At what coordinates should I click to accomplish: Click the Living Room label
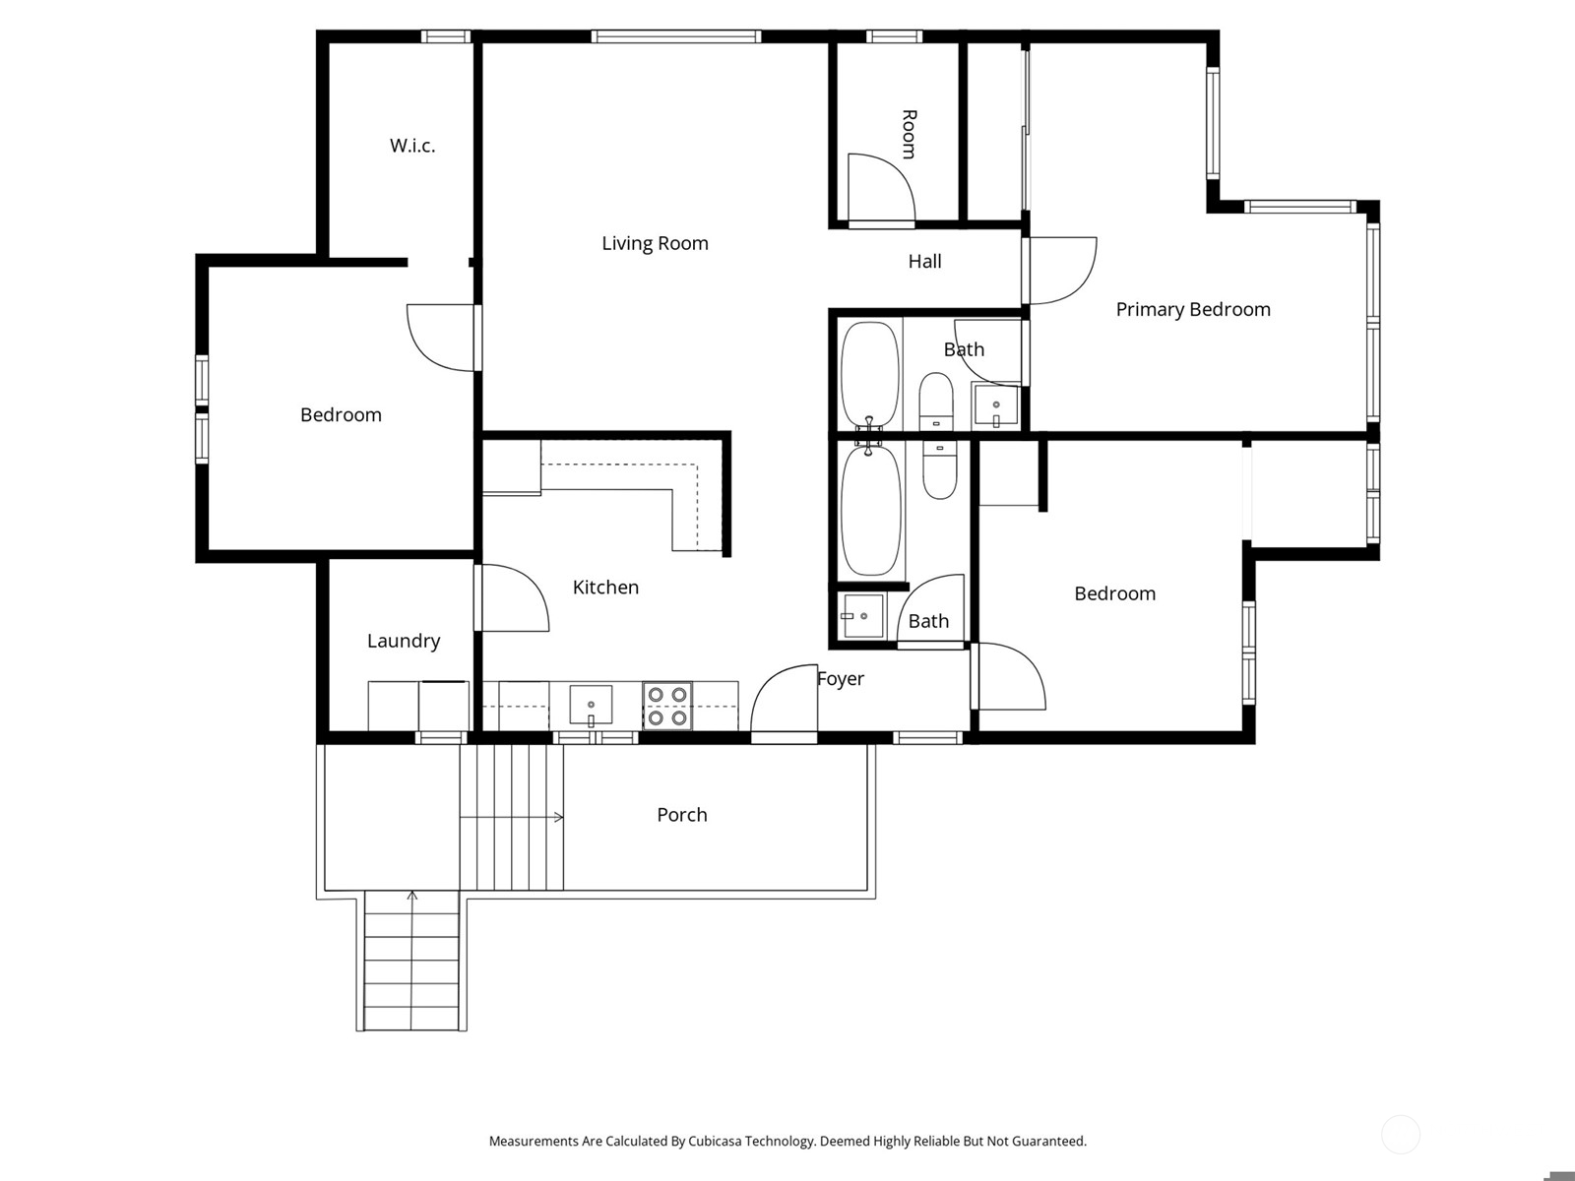[x=655, y=244]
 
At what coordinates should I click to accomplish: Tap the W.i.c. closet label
[x=411, y=146]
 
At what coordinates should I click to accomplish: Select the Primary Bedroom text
[x=1192, y=310]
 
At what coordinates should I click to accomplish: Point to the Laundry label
[x=404, y=641]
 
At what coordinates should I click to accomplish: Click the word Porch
[x=681, y=815]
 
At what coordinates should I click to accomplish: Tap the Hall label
[x=924, y=261]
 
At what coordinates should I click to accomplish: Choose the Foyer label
[x=841, y=678]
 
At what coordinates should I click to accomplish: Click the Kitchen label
[x=604, y=588]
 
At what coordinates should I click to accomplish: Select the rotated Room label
[x=909, y=134]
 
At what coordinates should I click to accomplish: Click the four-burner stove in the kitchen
[x=667, y=707]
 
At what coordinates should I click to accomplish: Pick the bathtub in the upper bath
[x=869, y=374]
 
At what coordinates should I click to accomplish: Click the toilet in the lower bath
[x=939, y=469]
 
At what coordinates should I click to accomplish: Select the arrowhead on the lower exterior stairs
[x=411, y=896]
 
